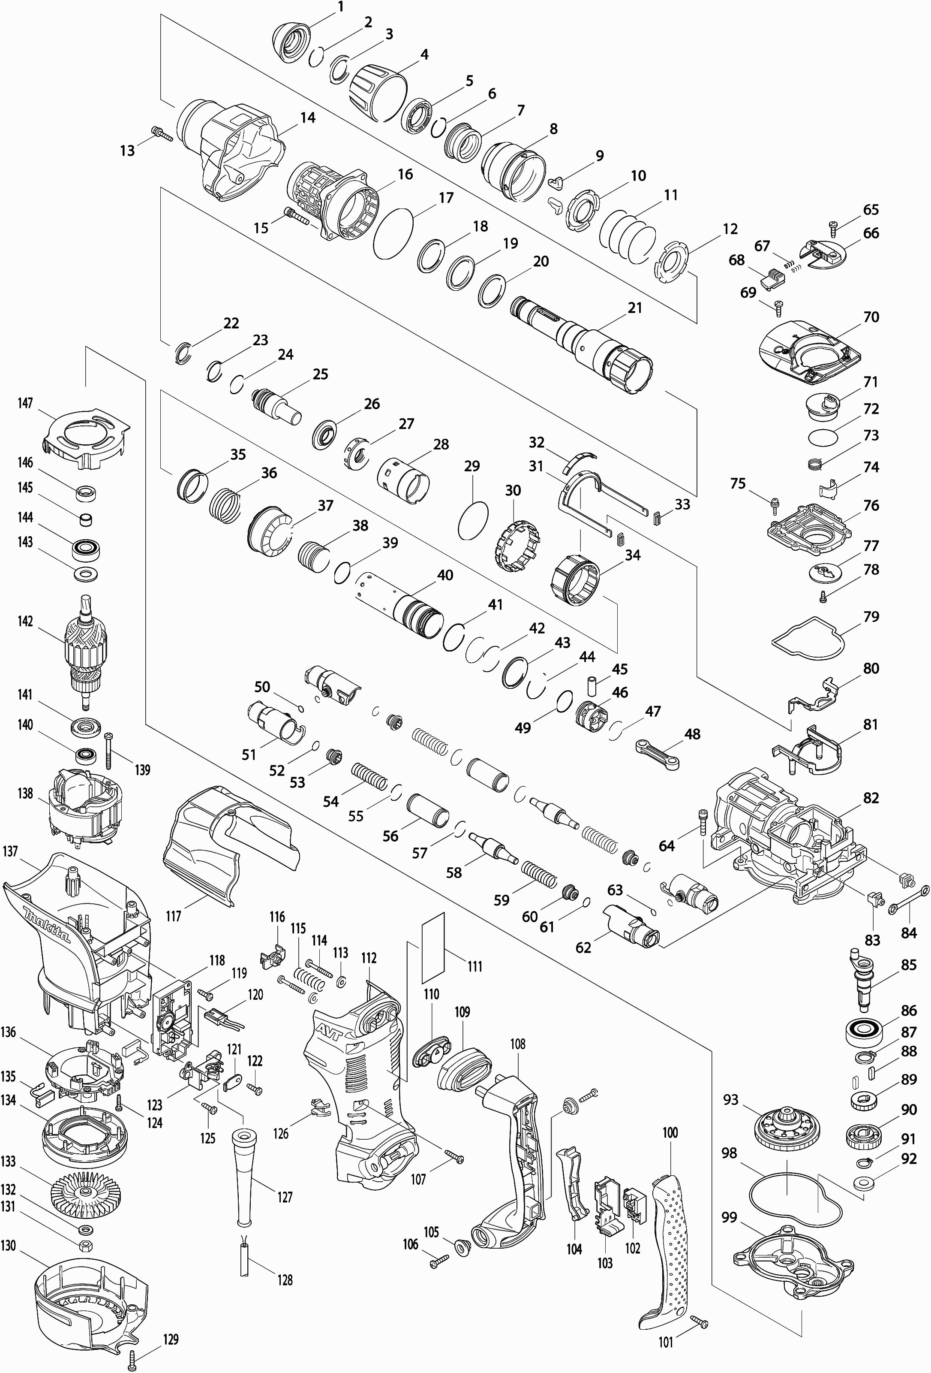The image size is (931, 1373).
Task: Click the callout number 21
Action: click(x=635, y=308)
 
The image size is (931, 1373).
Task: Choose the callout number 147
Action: click(x=25, y=404)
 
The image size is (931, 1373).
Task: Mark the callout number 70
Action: click(x=871, y=317)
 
